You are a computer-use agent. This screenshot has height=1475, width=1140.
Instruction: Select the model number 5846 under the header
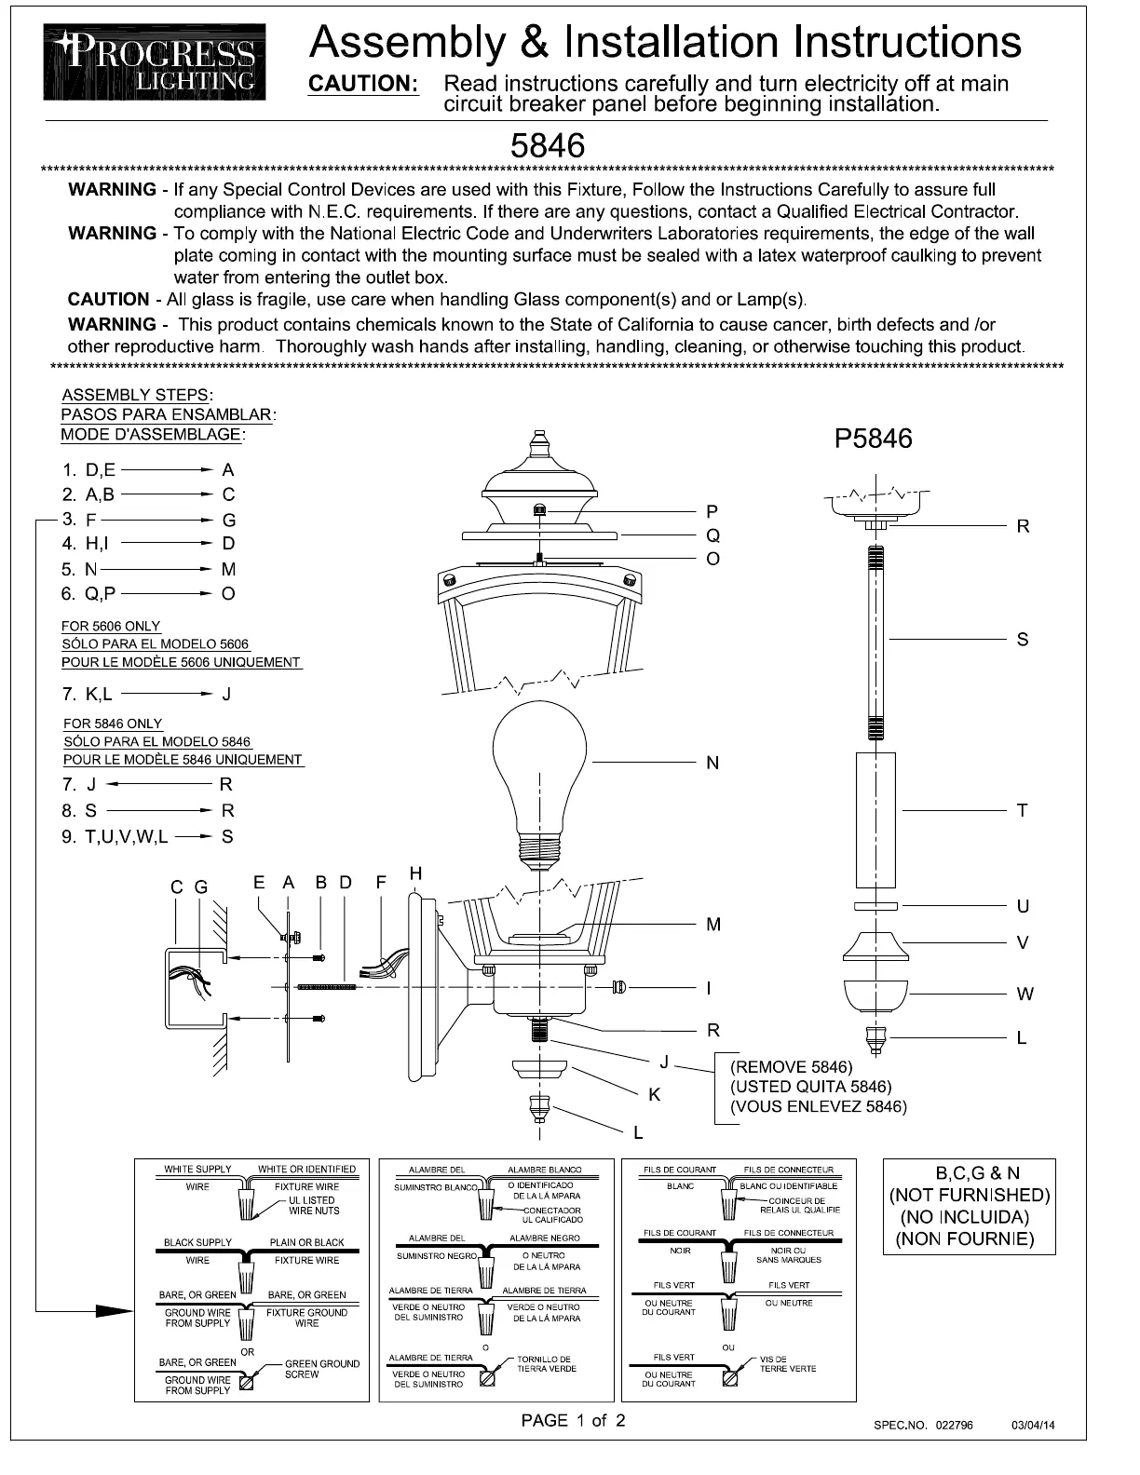[x=548, y=146]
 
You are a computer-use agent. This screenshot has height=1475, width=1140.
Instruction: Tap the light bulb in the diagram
[x=540, y=773]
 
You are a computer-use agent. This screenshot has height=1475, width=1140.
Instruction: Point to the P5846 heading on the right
[x=873, y=439]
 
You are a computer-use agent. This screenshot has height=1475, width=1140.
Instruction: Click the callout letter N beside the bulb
[x=712, y=764]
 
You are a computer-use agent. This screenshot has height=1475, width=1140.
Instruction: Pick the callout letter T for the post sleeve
[x=1023, y=810]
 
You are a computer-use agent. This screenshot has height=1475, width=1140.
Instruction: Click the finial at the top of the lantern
[x=539, y=444]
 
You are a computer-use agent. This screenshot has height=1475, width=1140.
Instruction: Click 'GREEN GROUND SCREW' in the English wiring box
[x=321, y=1369]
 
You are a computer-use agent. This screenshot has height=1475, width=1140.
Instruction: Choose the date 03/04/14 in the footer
[x=1035, y=1426]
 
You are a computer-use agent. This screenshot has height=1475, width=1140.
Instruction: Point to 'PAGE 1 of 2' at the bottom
[x=573, y=1420]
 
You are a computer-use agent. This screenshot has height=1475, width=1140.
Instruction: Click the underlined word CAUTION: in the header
[x=364, y=84]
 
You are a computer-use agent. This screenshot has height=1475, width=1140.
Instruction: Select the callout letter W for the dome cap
[x=1025, y=994]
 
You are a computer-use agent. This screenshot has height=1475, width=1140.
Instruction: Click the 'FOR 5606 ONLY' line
[x=111, y=626]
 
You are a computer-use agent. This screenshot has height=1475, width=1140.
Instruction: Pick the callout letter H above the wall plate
[x=415, y=873]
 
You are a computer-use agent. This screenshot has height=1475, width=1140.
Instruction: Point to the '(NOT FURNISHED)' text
[x=970, y=1195]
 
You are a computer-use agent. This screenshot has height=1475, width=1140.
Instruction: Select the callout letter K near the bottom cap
[x=654, y=1095]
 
